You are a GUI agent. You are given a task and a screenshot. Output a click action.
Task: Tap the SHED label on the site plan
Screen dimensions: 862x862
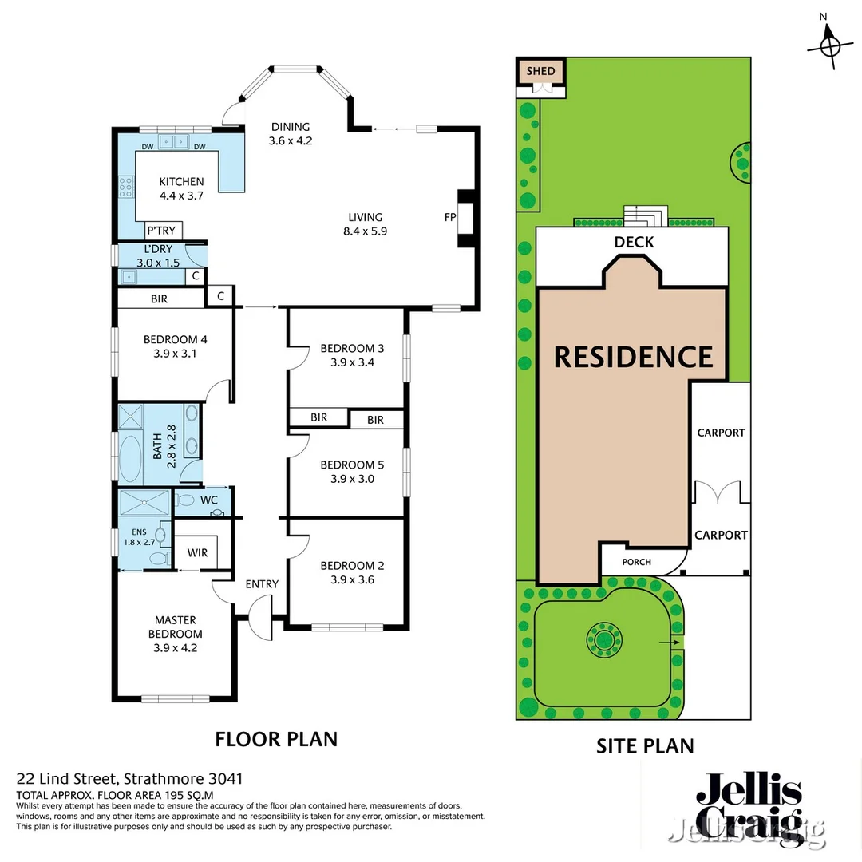point(540,71)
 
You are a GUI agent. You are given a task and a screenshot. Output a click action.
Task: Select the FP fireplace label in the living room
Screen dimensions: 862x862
point(449,217)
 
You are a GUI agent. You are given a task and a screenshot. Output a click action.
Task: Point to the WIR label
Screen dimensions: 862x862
point(197,552)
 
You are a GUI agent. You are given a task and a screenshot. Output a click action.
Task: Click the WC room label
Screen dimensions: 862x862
point(209,500)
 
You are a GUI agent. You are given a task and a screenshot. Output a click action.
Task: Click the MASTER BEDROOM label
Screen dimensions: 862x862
point(176,634)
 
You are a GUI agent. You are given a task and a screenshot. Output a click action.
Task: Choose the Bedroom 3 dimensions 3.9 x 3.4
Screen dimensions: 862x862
point(352,362)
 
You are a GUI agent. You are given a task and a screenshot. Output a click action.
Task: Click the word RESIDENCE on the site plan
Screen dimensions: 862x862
point(633,357)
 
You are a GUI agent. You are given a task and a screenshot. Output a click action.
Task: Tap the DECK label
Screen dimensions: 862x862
point(634,243)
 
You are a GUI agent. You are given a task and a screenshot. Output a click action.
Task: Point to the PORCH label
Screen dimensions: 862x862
point(636,562)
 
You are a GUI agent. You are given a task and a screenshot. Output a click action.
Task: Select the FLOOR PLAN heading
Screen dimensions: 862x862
point(276,739)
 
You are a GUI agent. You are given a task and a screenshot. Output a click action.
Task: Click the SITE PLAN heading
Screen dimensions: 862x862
point(645,745)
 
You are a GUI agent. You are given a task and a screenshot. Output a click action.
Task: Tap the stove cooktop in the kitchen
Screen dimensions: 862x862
point(127,187)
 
